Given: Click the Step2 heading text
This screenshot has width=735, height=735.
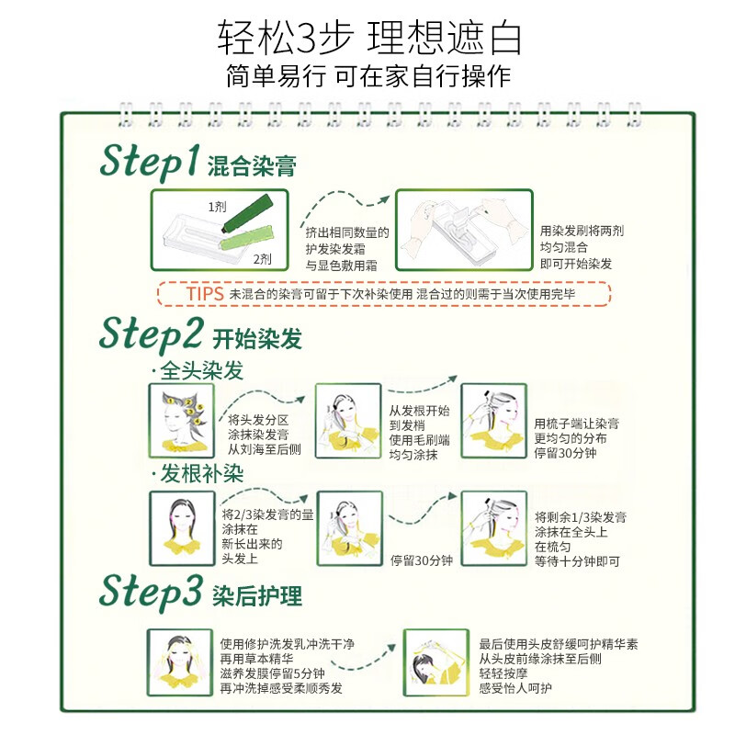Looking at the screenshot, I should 152,333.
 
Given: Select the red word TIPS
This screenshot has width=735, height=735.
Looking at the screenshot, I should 205,293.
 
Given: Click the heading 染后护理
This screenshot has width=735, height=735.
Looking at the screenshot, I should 257,594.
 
